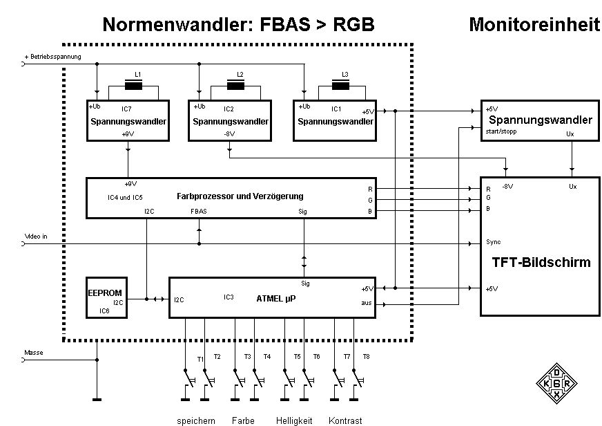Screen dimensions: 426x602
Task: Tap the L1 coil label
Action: (x=137, y=74)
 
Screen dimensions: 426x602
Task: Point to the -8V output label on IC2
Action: (x=229, y=134)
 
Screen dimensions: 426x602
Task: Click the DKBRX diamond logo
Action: (x=556, y=383)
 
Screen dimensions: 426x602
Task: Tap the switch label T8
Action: (x=367, y=357)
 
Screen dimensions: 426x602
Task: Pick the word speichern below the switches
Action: (x=196, y=420)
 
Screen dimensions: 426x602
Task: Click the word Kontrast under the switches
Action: (x=345, y=420)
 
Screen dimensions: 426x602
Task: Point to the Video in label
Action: (x=36, y=236)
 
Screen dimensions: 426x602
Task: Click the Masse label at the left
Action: (x=34, y=353)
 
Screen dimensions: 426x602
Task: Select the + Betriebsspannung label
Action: (x=53, y=55)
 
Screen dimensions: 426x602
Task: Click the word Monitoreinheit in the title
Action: (x=534, y=25)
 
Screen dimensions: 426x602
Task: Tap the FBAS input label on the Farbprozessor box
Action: (x=200, y=212)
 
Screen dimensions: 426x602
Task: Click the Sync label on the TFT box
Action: (x=493, y=243)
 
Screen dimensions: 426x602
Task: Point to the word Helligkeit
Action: (x=294, y=420)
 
